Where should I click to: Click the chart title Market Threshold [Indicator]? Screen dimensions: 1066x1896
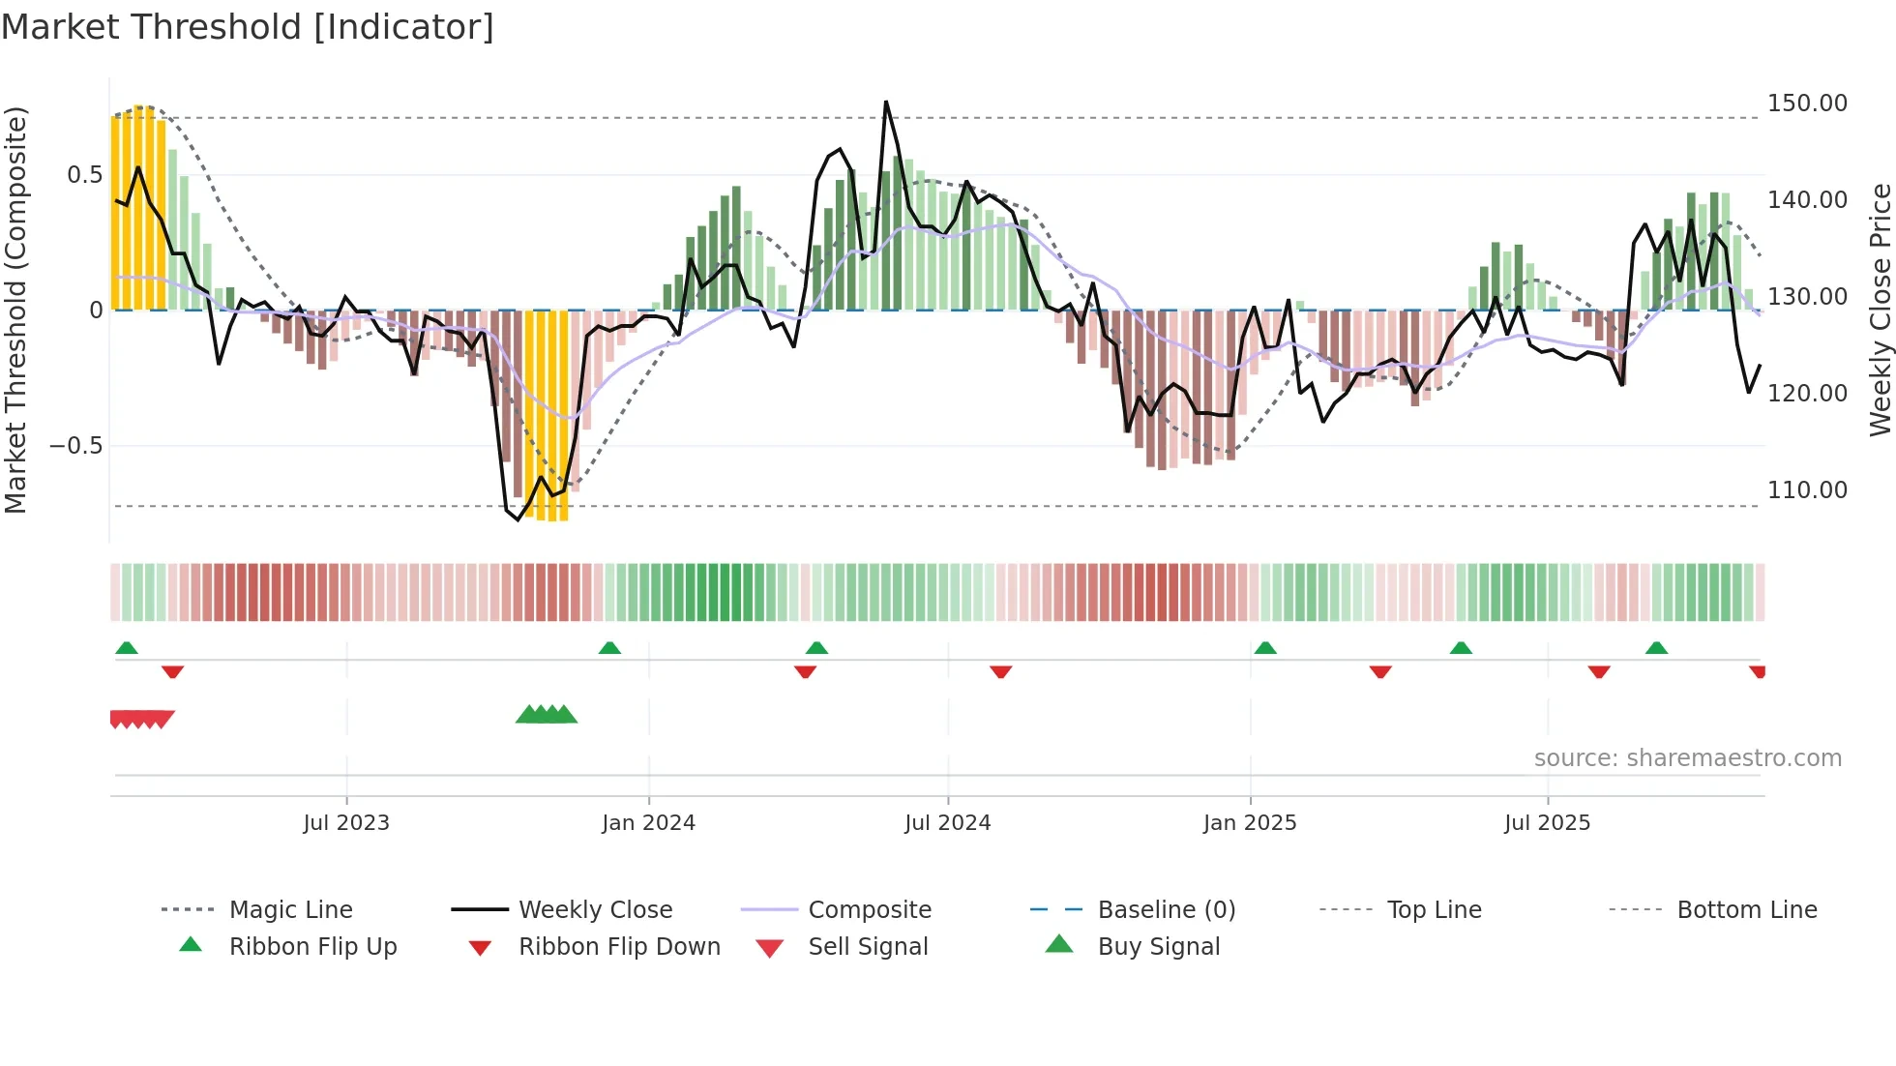[x=248, y=27]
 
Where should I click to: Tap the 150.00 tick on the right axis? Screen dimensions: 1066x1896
[x=1806, y=104]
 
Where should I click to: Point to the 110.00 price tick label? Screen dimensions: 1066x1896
[x=1806, y=490]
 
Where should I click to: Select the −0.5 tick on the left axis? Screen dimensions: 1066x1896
[x=76, y=446]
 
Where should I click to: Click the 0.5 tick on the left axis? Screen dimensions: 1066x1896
[x=84, y=175]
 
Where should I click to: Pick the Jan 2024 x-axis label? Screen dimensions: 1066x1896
[x=648, y=823]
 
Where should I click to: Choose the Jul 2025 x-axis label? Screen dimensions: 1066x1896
[x=1547, y=823]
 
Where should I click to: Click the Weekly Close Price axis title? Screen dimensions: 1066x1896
[x=1880, y=310]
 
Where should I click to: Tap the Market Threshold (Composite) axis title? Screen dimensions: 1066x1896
[x=15, y=310]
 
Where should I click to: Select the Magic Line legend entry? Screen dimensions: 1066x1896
[x=290, y=910]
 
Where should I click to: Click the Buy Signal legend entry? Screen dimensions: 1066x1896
[x=1158, y=947]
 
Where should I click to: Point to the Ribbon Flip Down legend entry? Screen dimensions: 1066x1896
[x=619, y=947]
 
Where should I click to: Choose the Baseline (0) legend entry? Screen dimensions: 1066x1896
[x=1166, y=910]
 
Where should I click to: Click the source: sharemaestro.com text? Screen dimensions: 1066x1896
[x=1687, y=758]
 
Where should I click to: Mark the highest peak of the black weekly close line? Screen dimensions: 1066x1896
[x=885, y=102]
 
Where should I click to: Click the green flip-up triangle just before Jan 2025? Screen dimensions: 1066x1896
[x=1265, y=648]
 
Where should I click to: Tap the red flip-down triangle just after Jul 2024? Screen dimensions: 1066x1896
[x=1001, y=671]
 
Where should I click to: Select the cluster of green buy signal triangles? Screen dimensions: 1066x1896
[x=547, y=715]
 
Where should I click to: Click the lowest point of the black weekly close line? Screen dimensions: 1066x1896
[x=518, y=519]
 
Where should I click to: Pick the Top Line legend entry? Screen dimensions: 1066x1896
[x=1434, y=910]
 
